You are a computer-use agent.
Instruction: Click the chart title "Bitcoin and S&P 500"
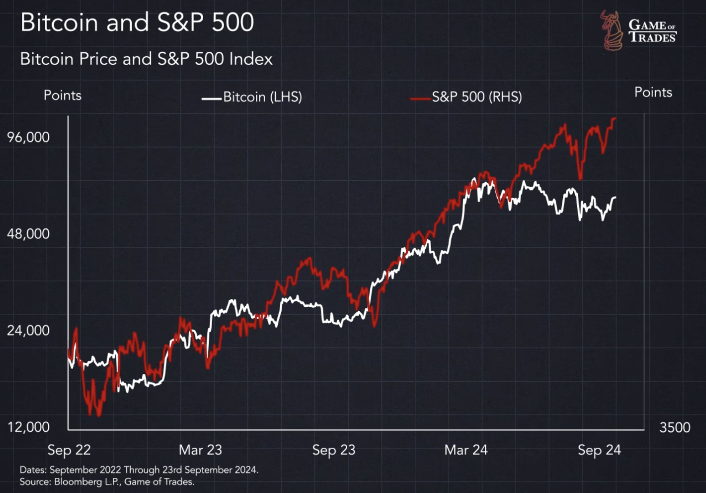[x=137, y=23]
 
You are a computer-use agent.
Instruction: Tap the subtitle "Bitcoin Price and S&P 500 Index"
[x=146, y=59]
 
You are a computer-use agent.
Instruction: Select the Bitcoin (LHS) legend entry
[x=252, y=97]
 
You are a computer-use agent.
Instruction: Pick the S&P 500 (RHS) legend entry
[x=466, y=97]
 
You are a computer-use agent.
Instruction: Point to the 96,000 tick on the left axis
[x=28, y=137]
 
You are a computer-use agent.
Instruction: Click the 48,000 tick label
[x=28, y=234]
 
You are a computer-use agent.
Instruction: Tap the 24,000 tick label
[x=28, y=330]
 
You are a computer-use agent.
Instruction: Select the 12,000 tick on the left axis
[x=28, y=427]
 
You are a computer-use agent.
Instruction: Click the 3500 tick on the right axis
[x=675, y=427]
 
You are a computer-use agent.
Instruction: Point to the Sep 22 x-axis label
[x=69, y=450]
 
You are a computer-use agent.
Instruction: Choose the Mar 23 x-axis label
[x=200, y=450]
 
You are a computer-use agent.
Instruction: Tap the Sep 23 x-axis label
[x=333, y=450]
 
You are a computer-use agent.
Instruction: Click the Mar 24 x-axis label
[x=466, y=450]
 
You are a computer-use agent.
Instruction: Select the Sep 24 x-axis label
[x=599, y=450]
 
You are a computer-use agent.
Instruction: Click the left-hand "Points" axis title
[x=62, y=96]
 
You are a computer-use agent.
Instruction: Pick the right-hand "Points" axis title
[x=653, y=92]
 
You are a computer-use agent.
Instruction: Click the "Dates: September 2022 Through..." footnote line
[x=139, y=470]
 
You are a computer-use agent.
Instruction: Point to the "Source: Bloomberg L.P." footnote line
[x=107, y=482]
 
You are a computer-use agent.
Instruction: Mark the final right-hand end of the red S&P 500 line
[x=615, y=118]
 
